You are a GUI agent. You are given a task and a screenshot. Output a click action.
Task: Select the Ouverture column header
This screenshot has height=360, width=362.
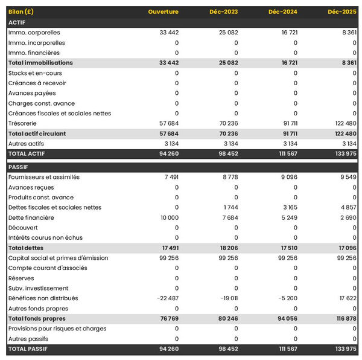click(x=163, y=12)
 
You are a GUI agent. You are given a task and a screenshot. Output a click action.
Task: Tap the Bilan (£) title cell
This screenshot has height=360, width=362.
click(x=21, y=12)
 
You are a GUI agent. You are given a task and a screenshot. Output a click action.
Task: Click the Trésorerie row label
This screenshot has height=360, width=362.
click(x=24, y=123)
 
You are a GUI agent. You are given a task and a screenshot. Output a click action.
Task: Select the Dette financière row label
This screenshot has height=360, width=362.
click(x=31, y=217)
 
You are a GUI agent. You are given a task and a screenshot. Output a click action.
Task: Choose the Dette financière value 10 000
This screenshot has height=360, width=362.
click(x=167, y=217)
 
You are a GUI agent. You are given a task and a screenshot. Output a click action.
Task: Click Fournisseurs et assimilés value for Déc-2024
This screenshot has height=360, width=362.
click(x=287, y=177)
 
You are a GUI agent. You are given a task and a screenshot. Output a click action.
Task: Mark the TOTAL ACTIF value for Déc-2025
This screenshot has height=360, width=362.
click(x=344, y=153)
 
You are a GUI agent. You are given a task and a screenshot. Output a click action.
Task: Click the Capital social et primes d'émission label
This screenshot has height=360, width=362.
click(x=58, y=258)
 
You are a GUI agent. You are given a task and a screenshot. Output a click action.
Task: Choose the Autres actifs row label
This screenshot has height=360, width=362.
click(x=25, y=144)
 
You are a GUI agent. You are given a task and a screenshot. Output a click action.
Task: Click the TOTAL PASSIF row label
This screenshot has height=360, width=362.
click(x=28, y=349)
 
